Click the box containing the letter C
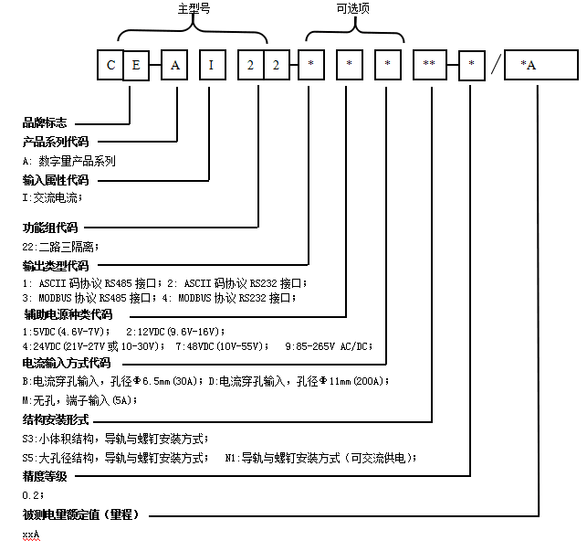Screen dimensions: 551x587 click(x=110, y=66)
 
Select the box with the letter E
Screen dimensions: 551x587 click(x=136, y=66)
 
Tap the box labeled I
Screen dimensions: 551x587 click(x=211, y=66)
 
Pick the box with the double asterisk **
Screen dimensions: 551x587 click(x=430, y=66)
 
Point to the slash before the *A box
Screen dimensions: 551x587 click(x=495, y=66)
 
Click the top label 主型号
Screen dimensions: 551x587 click(x=193, y=7)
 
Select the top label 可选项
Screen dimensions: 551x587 click(x=354, y=7)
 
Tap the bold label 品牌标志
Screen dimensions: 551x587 click(x=45, y=122)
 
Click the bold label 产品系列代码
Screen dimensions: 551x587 click(x=56, y=143)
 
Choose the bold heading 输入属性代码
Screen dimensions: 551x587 click(x=56, y=180)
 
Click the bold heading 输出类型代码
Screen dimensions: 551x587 click(x=56, y=266)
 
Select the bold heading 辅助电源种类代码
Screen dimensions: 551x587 click(x=68, y=314)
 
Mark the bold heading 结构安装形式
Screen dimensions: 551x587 click(x=56, y=419)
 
